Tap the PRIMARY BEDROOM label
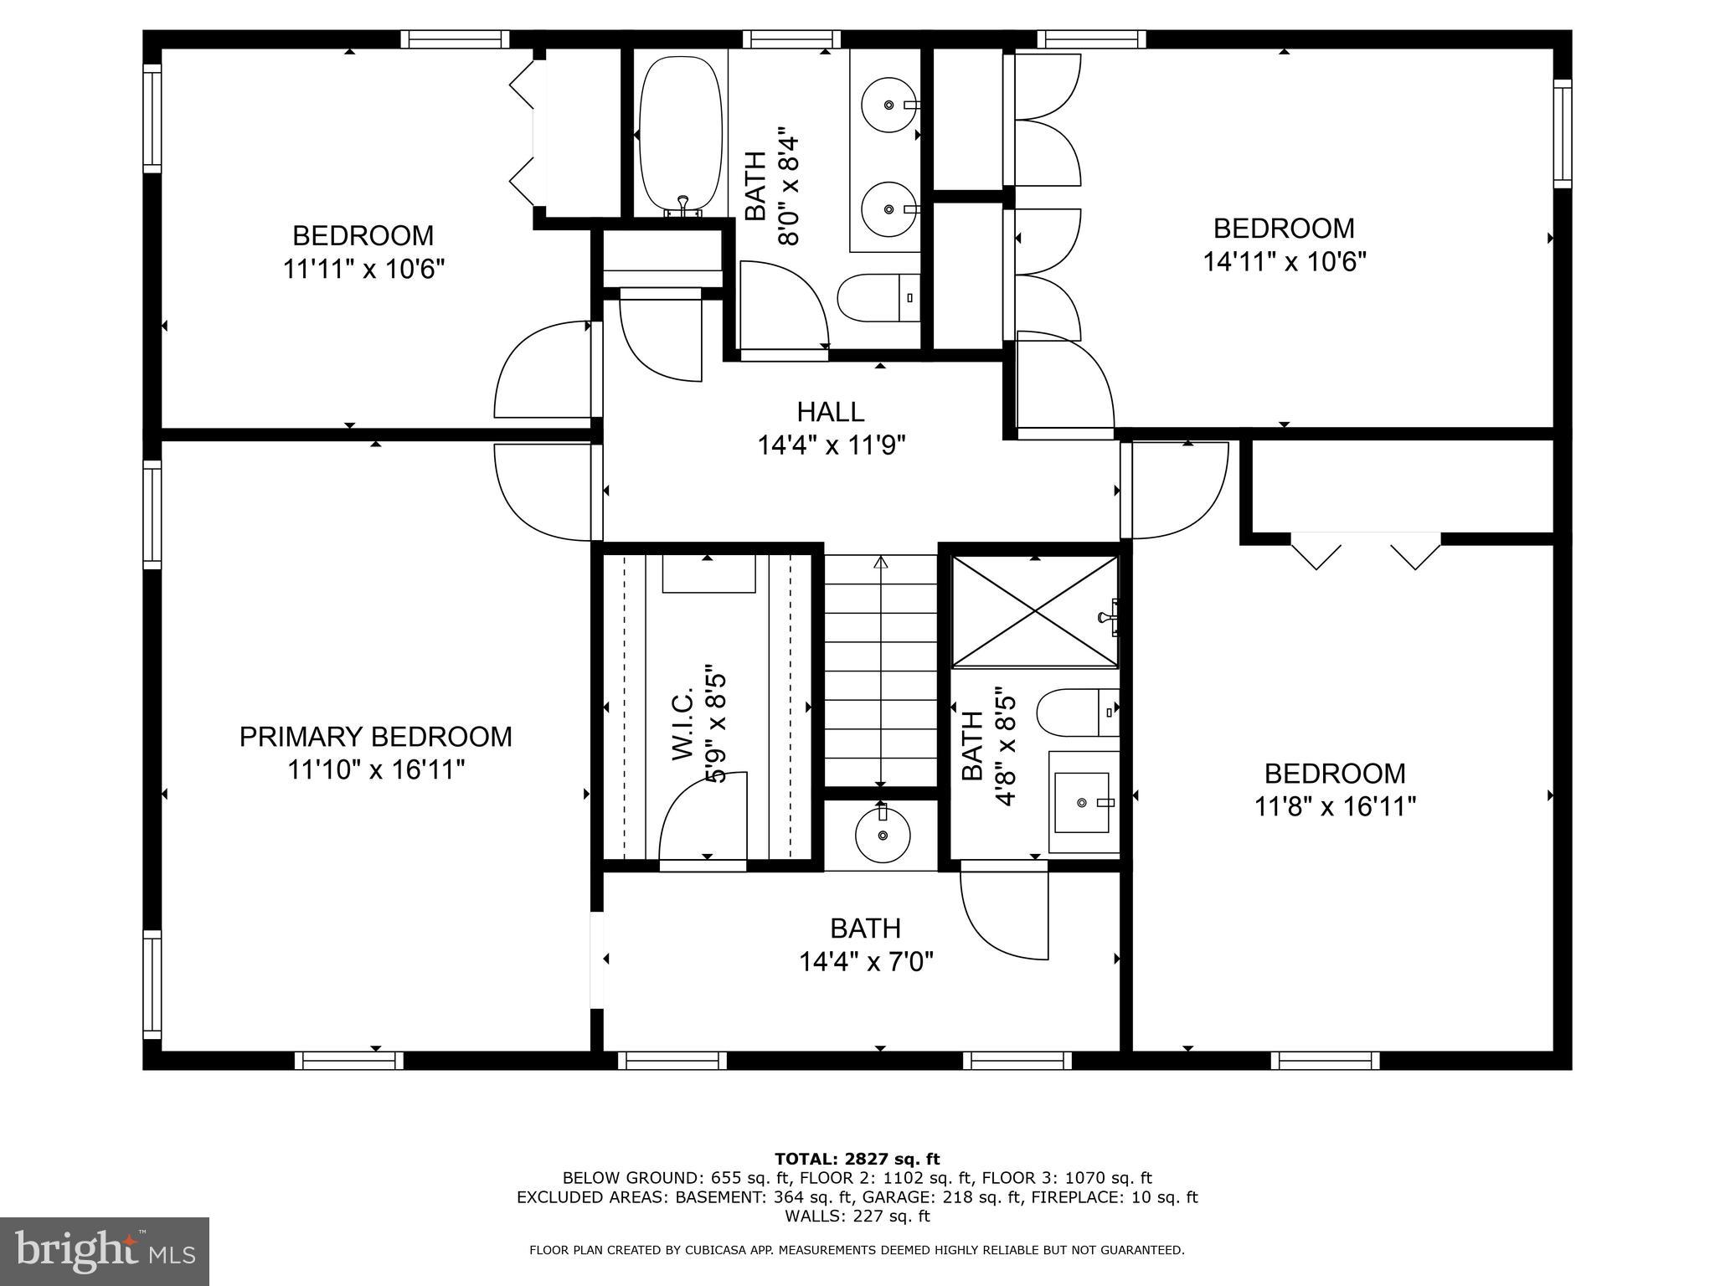point(375,737)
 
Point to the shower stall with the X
point(1035,611)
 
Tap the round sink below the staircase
point(882,835)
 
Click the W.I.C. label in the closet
point(683,725)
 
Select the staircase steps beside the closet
point(880,670)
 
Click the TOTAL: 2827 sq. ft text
point(857,1160)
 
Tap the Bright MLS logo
point(105,1251)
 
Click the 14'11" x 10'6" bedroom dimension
point(1284,262)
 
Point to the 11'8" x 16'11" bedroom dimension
point(1335,806)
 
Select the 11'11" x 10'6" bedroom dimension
point(363,270)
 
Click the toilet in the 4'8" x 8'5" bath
point(1077,712)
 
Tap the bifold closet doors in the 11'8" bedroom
point(1365,551)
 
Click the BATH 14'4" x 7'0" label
point(865,945)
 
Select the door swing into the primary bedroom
point(543,492)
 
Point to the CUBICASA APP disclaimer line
point(857,1250)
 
